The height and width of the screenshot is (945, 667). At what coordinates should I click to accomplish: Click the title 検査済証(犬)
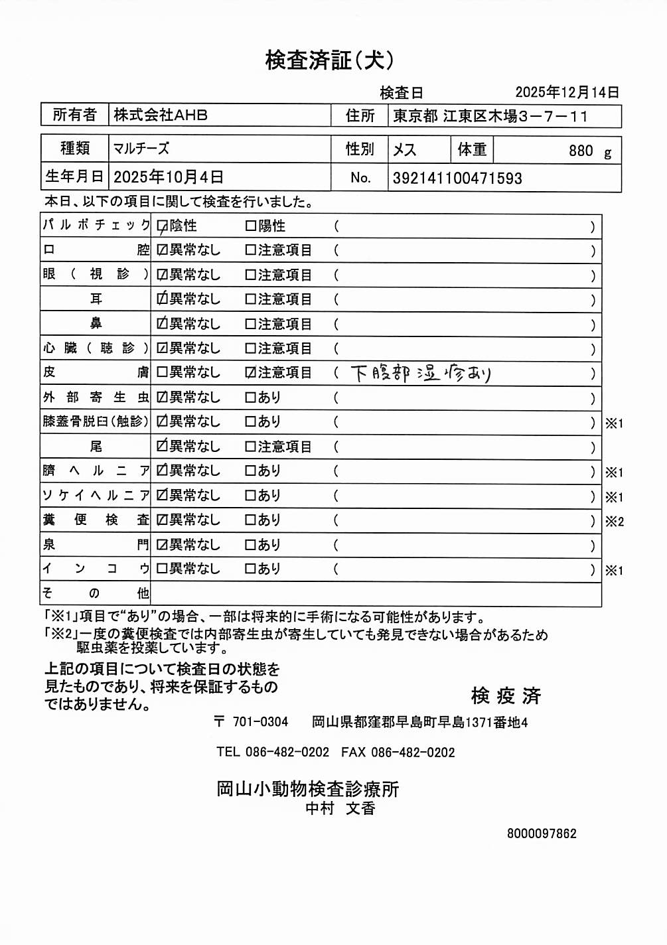tap(330, 60)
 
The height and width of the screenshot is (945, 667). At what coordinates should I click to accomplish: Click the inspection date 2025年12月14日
tap(567, 92)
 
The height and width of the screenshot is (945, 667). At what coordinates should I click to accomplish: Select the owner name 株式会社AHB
tap(161, 115)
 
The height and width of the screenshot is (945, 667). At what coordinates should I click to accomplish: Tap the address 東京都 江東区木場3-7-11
tap(490, 116)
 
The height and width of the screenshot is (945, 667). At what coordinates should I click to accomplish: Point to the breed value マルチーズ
tap(141, 149)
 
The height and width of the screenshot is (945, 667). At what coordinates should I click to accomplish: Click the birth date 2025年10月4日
tap(169, 177)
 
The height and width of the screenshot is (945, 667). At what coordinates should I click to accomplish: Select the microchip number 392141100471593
tap(457, 178)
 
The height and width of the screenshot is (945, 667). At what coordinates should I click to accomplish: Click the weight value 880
tap(581, 151)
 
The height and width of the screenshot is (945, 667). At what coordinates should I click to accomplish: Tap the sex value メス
tap(404, 150)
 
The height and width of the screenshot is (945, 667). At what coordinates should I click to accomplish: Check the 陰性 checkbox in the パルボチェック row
tap(162, 226)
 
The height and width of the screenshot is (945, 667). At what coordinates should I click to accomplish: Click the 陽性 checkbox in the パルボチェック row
tap(250, 226)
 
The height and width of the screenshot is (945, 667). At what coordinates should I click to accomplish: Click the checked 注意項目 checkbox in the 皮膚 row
tap(250, 373)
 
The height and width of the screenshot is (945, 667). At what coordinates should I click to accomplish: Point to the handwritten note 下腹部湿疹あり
tap(421, 374)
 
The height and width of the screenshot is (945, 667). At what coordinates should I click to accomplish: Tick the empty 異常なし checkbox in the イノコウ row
tap(162, 569)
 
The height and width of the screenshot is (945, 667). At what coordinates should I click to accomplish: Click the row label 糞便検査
tap(96, 520)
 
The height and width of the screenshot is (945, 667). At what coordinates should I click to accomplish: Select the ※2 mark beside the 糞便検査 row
tap(614, 522)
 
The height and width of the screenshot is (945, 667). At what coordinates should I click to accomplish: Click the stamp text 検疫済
tap(506, 695)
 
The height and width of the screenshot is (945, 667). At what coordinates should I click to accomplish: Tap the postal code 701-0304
tap(260, 722)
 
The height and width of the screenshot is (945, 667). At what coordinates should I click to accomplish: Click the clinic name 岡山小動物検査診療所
tap(308, 789)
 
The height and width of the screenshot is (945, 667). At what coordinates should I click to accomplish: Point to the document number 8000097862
tap(542, 834)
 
